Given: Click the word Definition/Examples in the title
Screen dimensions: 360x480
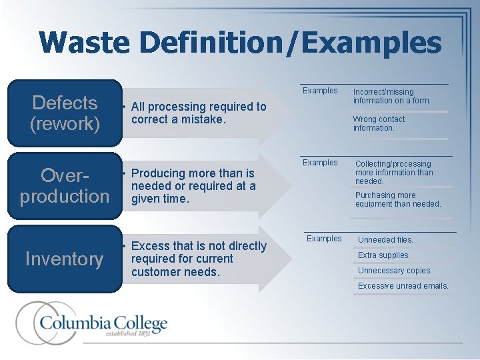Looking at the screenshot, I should (x=290, y=43).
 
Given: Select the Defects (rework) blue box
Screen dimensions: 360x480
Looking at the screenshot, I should (x=65, y=113).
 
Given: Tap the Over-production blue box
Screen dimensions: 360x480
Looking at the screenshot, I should (x=65, y=186).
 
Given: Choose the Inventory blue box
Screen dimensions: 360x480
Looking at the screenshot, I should (x=65, y=259).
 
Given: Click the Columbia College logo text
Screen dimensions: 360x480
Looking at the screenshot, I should (x=103, y=324).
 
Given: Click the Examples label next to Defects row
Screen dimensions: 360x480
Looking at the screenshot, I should (x=320, y=91).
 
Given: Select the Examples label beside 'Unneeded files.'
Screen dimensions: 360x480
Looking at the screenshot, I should (x=324, y=239).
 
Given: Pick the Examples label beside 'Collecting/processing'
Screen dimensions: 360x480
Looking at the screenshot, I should (x=320, y=163).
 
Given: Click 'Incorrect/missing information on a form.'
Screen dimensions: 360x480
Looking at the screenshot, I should (x=392, y=96).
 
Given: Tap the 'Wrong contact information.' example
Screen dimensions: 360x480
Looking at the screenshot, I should (x=379, y=123).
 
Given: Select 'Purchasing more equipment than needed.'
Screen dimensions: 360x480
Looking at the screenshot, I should (x=398, y=200).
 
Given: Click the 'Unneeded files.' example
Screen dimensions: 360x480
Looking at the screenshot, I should (x=385, y=240).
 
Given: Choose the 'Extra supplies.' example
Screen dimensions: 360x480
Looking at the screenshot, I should (x=384, y=255).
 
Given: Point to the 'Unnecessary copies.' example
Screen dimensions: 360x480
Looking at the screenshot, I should (x=395, y=271).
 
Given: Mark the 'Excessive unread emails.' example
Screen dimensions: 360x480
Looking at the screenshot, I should (x=403, y=286).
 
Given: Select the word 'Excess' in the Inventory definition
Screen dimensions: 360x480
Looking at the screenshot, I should (x=151, y=246).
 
